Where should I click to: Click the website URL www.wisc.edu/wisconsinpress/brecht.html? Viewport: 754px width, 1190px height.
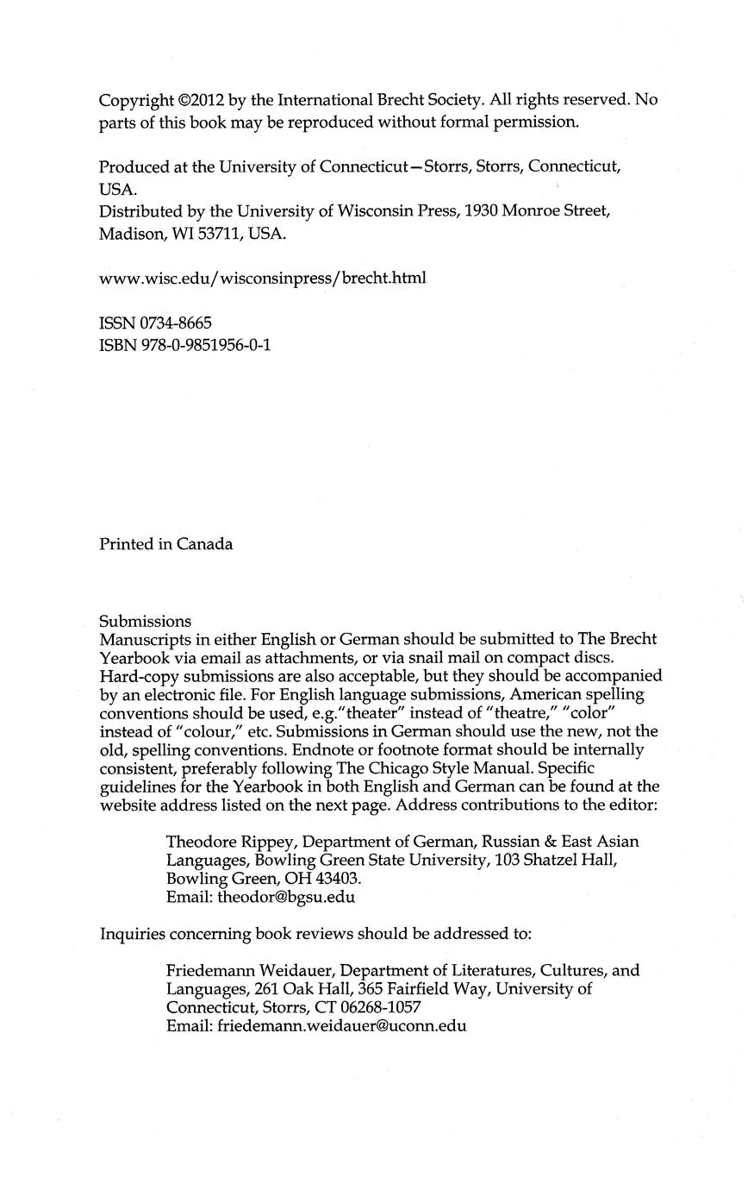263,278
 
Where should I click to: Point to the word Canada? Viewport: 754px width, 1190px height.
205,544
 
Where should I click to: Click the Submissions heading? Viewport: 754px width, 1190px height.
145,621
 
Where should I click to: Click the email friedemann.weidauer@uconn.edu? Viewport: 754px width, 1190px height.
341,1026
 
